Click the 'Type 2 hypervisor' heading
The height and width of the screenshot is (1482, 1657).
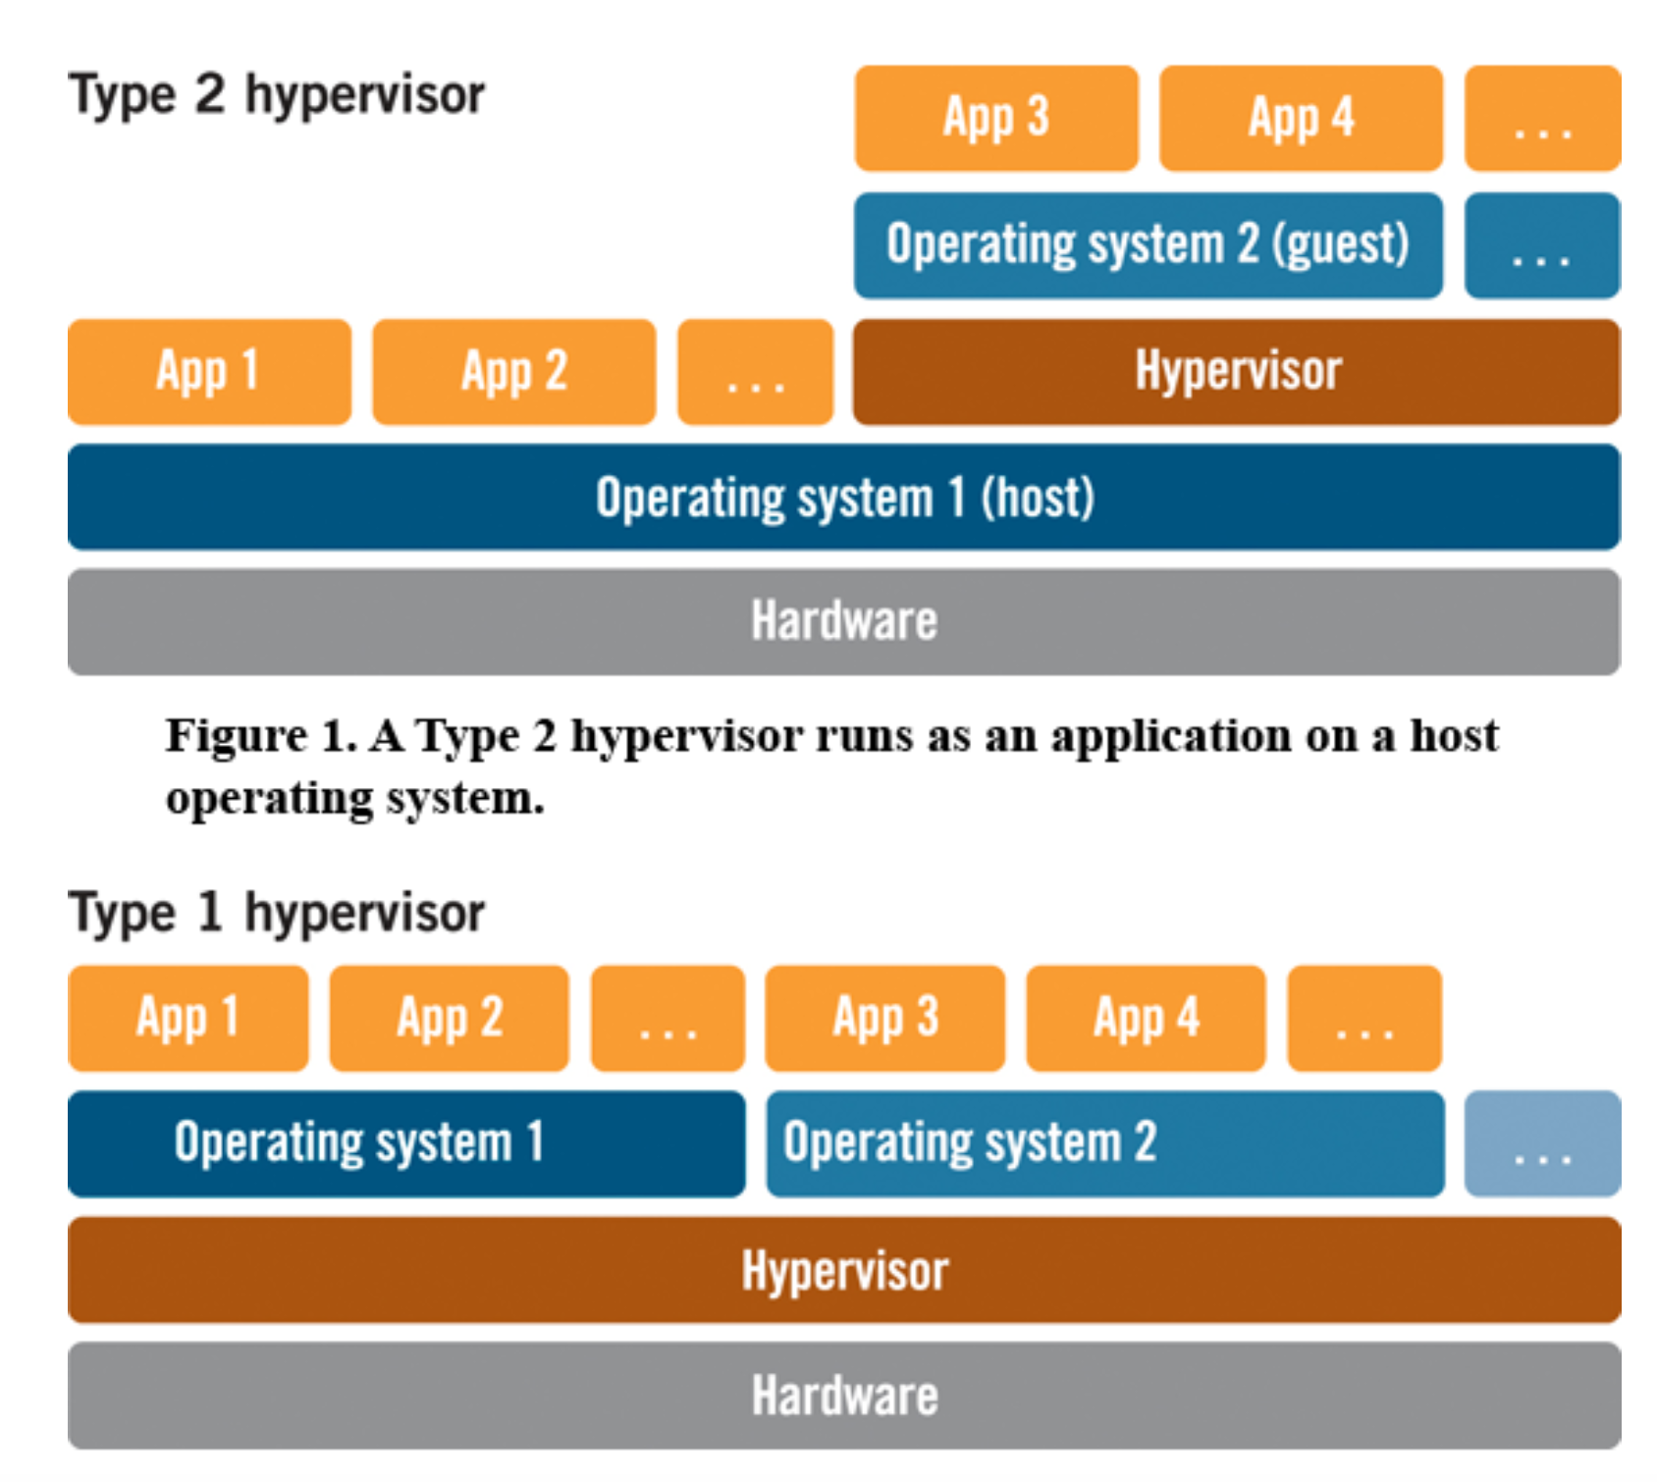(277, 96)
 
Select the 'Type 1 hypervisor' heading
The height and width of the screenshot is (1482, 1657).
(277, 913)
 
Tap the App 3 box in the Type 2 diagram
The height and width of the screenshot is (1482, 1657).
(996, 119)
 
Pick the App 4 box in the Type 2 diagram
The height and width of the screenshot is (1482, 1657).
(1301, 119)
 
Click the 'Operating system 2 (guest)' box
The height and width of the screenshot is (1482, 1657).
(1149, 245)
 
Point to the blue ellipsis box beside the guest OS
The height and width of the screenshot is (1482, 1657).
(1542, 245)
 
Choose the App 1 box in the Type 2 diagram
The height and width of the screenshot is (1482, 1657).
(209, 372)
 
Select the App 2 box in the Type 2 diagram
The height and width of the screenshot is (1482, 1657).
(514, 372)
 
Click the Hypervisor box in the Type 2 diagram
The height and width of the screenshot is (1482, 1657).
(1237, 372)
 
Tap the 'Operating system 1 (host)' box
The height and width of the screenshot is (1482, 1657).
(844, 497)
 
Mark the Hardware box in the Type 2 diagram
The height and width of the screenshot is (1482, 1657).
(844, 622)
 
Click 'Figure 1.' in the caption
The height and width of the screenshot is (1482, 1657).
(261, 735)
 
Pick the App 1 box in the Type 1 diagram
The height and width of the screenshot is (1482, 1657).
(188, 1019)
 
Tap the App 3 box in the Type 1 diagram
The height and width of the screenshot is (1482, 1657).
(885, 1019)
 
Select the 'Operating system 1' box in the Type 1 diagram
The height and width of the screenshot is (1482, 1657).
(406, 1144)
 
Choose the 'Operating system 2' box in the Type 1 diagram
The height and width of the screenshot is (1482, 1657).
(1105, 1144)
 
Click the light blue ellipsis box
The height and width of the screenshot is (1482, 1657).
(1542, 1144)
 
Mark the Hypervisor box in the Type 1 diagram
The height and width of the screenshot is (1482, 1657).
(844, 1270)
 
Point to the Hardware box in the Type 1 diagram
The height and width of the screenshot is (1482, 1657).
(844, 1396)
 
